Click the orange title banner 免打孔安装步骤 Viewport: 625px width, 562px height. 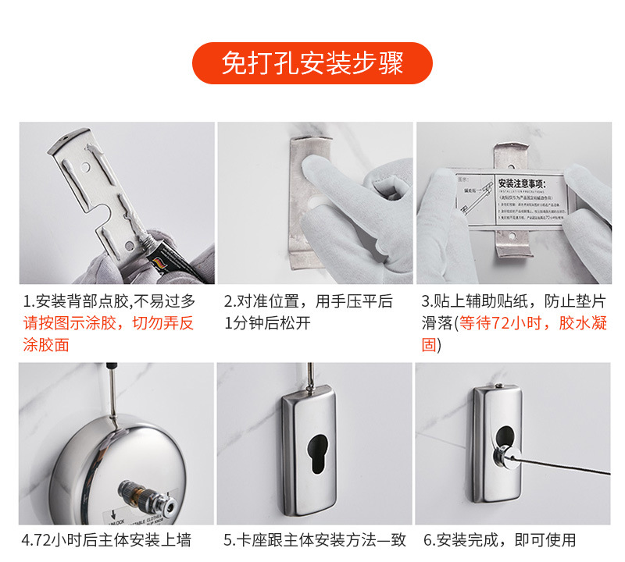pos(312,63)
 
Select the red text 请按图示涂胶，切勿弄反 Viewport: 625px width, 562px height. pos(109,323)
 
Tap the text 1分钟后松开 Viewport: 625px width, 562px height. pos(267,323)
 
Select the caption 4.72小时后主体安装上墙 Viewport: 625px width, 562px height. pos(106,539)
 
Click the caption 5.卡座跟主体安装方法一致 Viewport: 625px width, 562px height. pos(313,539)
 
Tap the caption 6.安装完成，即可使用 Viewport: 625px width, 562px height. pos(500,539)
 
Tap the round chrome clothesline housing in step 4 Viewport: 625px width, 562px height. pos(117,468)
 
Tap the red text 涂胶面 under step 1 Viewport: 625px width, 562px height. pos(46,344)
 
